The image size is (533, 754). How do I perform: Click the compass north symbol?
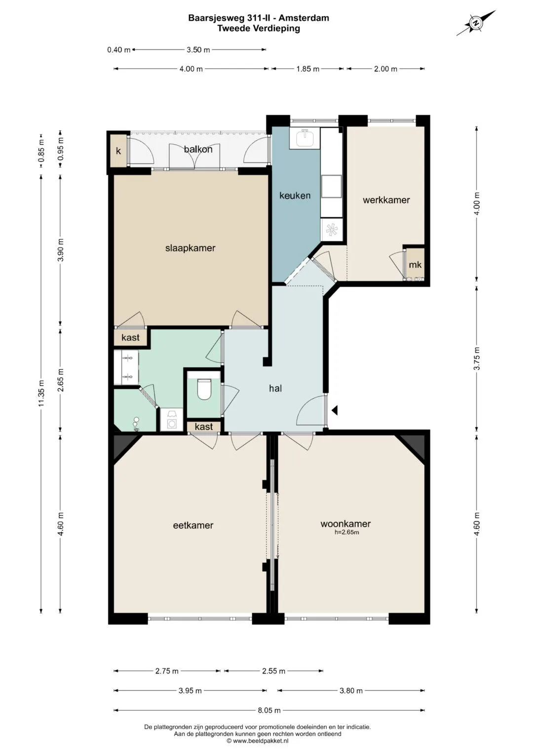(x=476, y=23)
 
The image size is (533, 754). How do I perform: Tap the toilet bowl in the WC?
(x=204, y=389)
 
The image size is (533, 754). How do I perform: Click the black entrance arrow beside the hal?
(x=335, y=410)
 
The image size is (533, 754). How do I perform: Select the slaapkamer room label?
(x=190, y=248)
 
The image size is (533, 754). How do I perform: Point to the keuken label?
(x=295, y=196)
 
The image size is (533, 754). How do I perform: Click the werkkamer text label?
(x=386, y=200)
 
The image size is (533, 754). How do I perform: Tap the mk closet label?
(x=415, y=265)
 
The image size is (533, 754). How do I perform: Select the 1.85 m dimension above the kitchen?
(x=307, y=69)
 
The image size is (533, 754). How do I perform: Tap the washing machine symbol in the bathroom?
(x=172, y=420)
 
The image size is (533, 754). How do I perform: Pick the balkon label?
(x=198, y=150)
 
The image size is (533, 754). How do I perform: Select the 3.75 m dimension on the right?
(x=476, y=358)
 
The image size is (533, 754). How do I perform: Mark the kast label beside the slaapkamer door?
(x=130, y=337)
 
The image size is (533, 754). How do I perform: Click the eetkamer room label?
(x=193, y=525)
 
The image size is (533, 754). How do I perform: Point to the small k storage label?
(x=118, y=151)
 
